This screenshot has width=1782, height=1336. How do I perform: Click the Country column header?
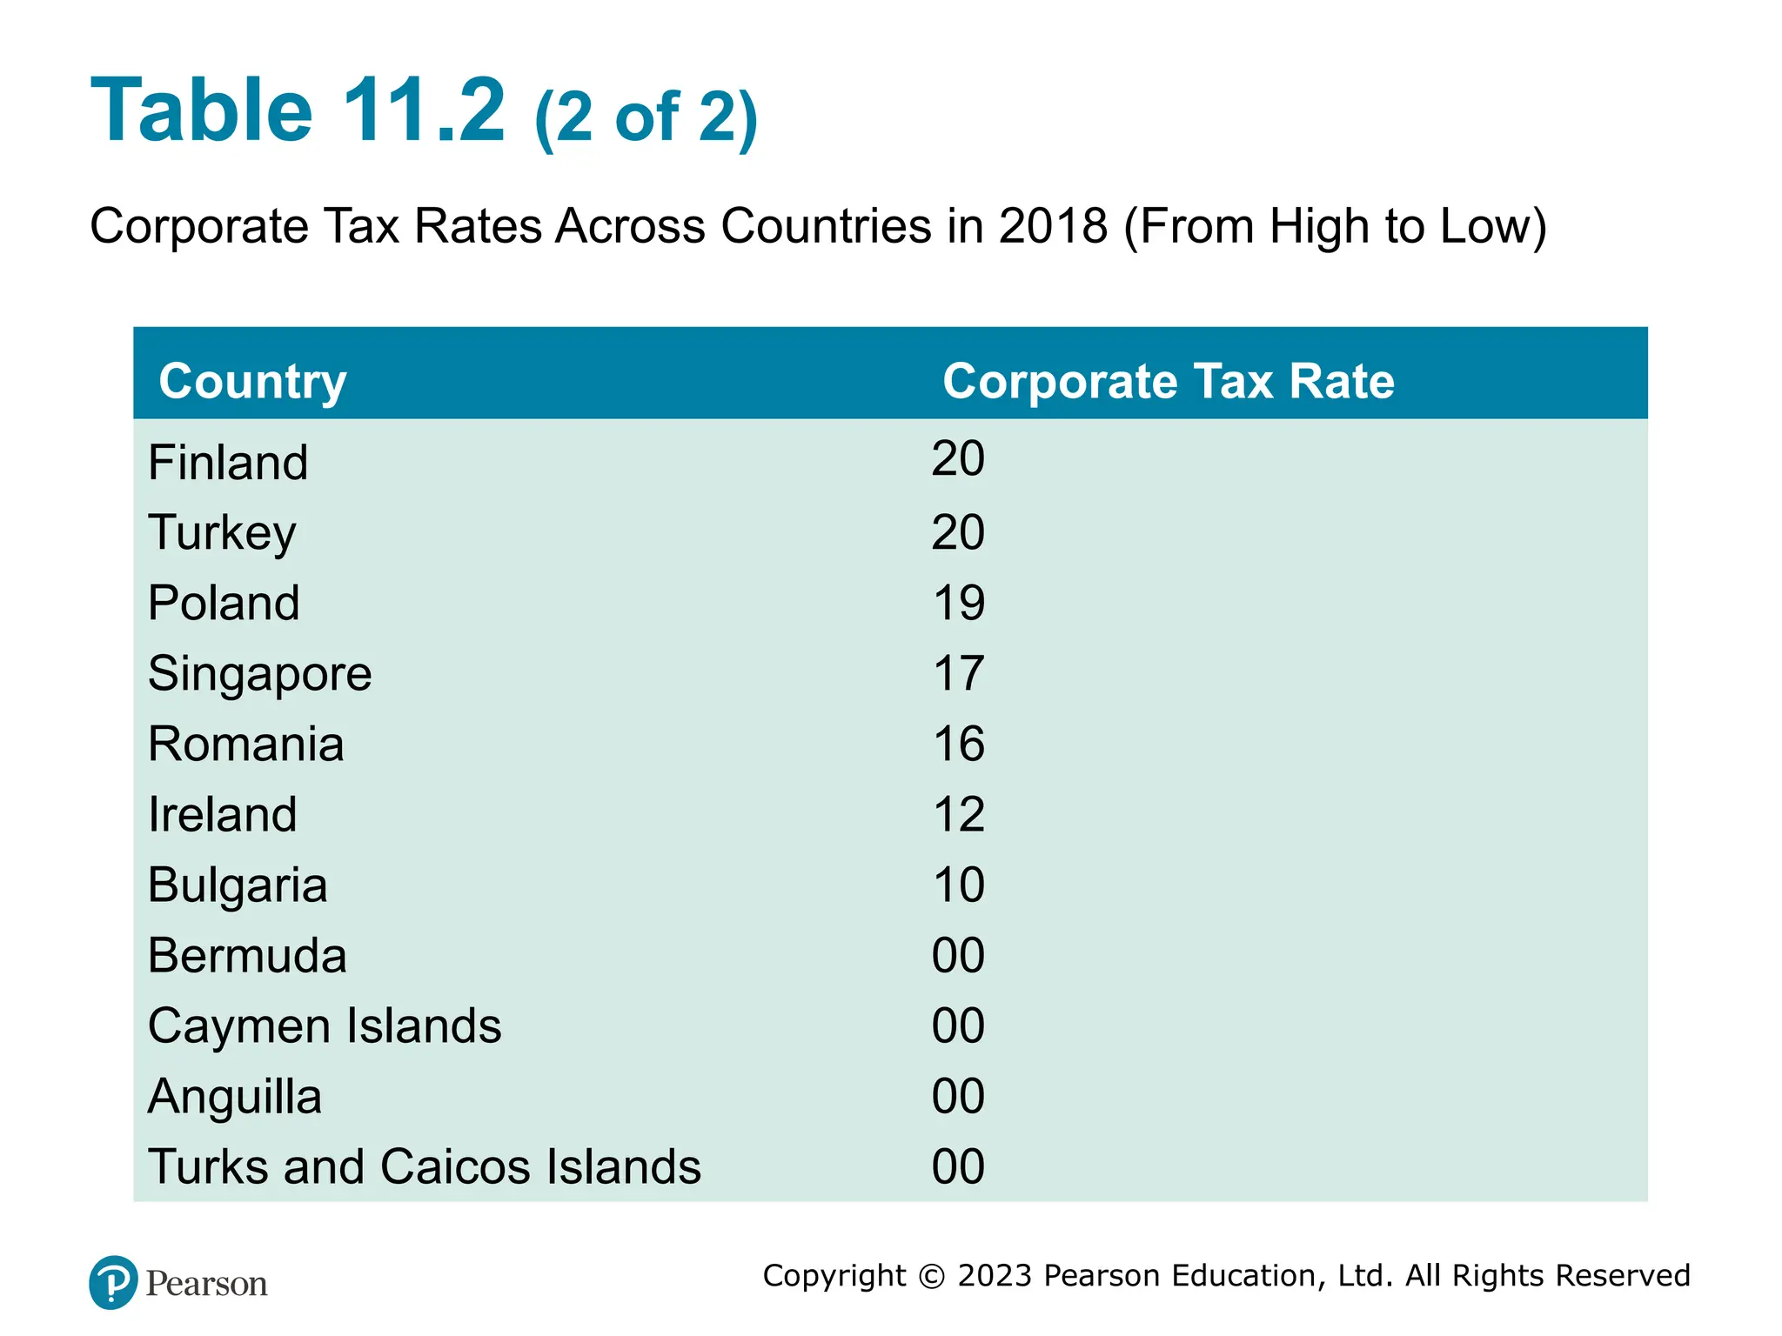coord(252,382)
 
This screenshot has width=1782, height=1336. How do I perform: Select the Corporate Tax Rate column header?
coord(1168,381)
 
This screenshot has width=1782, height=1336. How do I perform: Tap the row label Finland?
coord(228,462)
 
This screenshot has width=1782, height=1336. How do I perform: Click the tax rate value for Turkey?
coord(957,532)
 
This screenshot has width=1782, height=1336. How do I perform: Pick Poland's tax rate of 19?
coord(958,603)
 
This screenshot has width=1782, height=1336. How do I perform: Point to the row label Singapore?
coord(259,674)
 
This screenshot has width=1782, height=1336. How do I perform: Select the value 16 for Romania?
coord(958,745)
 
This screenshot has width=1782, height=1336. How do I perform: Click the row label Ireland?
coord(223,815)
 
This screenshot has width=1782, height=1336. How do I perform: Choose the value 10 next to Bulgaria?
coord(958,885)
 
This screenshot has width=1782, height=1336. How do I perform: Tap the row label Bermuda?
coord(247,956)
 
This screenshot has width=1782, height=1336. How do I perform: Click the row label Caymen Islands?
coord(325,1026)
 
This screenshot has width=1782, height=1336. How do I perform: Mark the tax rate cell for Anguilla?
coord(957,1097)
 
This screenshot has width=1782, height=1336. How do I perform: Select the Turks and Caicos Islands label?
coord(424,1167)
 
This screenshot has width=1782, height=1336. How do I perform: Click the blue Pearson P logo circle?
coord(113,1282)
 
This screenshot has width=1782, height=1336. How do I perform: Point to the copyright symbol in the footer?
coord(931,1276)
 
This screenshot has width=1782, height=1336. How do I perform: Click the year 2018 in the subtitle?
coord(1053,226)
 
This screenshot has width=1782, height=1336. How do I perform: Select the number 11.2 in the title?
coord(423,110)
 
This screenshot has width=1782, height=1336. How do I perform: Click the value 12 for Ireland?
coord(958,815)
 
